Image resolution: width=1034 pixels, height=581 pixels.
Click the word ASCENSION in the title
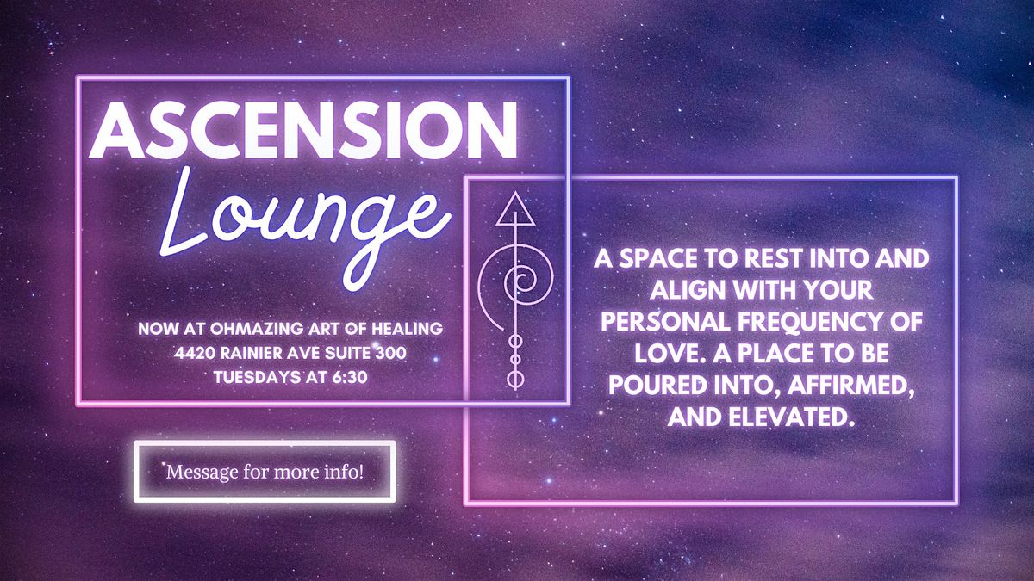pos(303,131)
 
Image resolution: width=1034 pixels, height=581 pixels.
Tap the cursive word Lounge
pos(305,226)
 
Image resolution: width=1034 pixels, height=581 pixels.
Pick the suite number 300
pos(391,353)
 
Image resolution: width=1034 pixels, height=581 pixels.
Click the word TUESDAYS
pos(257,377)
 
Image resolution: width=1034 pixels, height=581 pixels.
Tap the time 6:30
pos(350,377)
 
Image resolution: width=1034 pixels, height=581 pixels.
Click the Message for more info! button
pos(265,472)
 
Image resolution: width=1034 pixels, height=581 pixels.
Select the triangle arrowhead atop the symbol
pos(515,209)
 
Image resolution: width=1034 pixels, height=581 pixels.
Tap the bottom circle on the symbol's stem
pos(515,380)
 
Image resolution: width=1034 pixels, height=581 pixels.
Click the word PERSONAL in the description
pos(665,321)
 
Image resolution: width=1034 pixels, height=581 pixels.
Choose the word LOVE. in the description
pos(670,353)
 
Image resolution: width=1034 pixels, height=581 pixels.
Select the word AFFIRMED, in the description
pos(851,385)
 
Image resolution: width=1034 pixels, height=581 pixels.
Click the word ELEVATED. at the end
pos(789,417)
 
